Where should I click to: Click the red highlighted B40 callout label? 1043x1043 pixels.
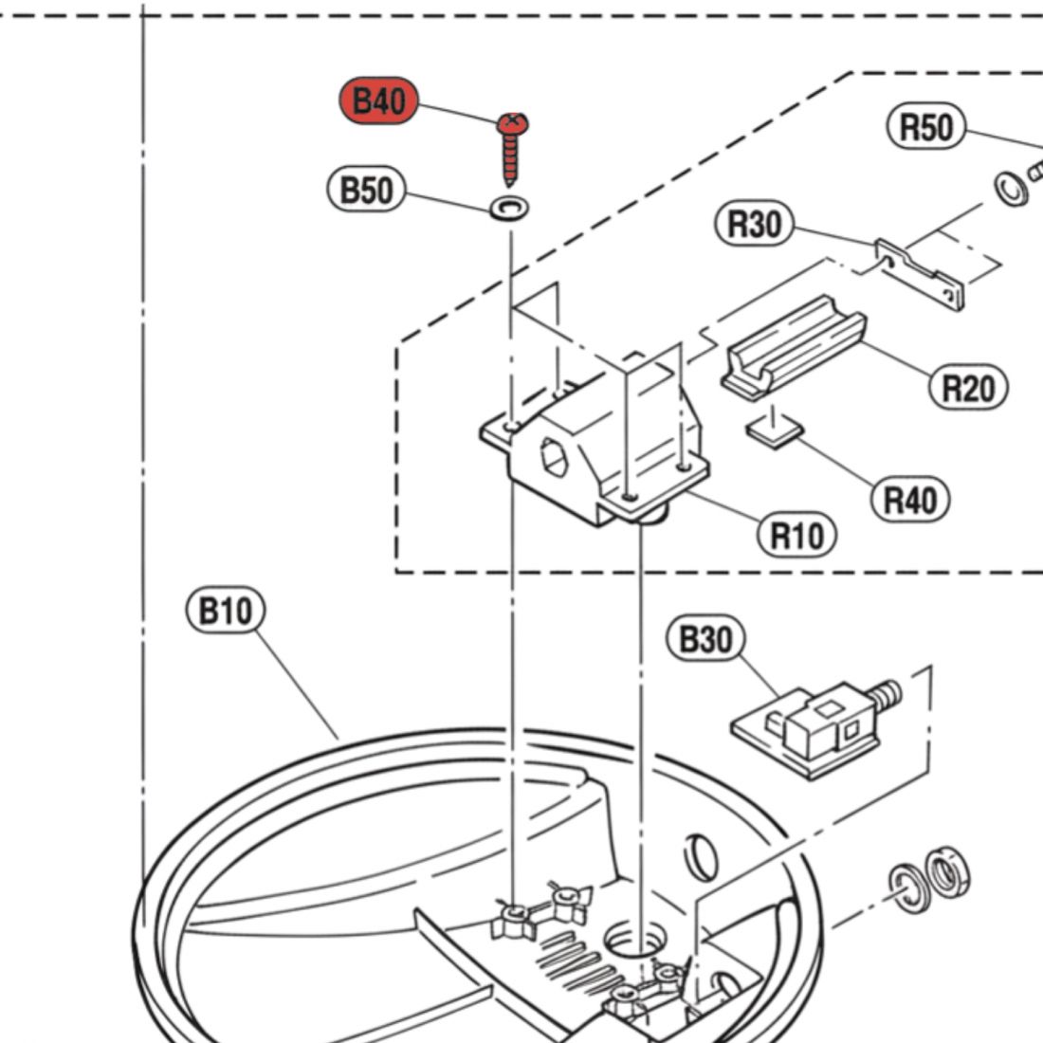pyautogui.click(x=379, y=100)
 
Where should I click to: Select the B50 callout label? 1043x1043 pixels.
pyautogui.click(x=366, y=191)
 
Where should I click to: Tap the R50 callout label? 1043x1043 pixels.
pyautogui.click(x=925, y=127)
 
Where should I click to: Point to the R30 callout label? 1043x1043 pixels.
pyautogui.click(x=754, y=225)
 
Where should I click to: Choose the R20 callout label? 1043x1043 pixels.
pyautogui.click(x=967, y=387)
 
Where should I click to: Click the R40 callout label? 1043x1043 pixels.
pyautogui.click(x=908, y=498)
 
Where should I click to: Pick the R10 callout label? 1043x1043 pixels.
pyautogui.click(x=796, y=536)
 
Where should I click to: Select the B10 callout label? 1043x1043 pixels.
pyautogui.click(x=225, y=611)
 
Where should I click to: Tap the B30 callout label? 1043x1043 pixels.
pyautogui.click(x=706, y=640)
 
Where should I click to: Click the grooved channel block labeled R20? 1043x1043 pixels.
pyautogui.click(x=795, y=345)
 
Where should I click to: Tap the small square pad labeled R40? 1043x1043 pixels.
pyautogui.click(x=775, y=431)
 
